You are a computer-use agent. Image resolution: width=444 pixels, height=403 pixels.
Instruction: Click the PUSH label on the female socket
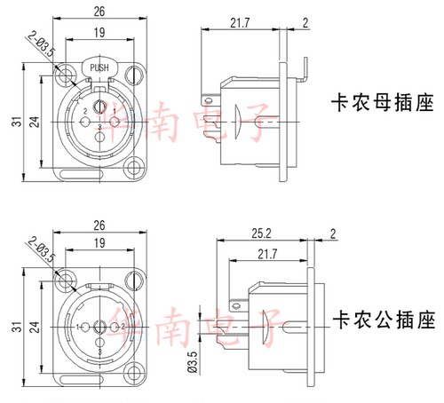point(99,66)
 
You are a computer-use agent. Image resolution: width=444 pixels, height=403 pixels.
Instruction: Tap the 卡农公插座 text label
point(370,317)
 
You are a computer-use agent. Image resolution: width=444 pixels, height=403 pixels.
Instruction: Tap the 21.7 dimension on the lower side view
point(265,255)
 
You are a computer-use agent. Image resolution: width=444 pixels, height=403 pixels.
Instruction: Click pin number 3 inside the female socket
point(99,129)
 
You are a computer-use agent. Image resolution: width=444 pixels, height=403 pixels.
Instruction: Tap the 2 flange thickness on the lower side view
point(332,235)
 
